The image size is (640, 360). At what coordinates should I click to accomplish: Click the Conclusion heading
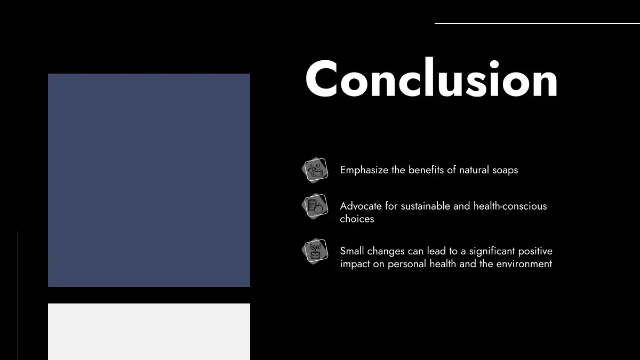(x=431, y=78)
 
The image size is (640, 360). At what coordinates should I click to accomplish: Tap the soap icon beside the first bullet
(x=315, y=170)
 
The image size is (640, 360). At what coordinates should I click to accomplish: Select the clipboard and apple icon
(x=315, y=206)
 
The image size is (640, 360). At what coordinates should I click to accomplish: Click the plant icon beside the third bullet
(x=315, y=251)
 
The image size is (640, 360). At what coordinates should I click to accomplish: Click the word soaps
(x=505, y=171)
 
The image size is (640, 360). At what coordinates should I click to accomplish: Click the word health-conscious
(x=510, y=206)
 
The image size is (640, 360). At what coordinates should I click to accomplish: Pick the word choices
(x=357, y=219)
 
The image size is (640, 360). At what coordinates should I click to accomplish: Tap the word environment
(x=524, y=264)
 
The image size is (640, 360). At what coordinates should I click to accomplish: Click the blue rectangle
(x=149, y=180)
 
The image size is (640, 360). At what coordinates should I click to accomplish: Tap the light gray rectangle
(x=149, y=332)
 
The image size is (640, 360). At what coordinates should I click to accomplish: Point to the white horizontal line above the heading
(x=537, y=23)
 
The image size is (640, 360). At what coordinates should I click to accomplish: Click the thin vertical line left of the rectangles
(x=18, y=295)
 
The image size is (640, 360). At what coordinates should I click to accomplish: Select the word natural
(x=474, y=170)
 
